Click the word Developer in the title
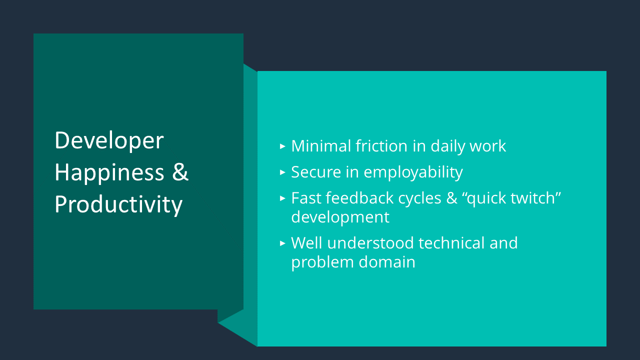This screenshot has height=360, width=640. click(x=109, y=141)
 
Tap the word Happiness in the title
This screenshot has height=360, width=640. click(x=109, y=172)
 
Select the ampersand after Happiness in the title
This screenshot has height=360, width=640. click(x=180, y=172)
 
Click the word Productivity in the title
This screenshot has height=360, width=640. click(x=118, y=204)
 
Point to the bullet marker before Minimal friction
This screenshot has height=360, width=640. click(x=282, y=146)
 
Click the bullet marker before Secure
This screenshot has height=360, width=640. click(x=282, y=172)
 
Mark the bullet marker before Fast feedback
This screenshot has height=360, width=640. click(x=282, y=198)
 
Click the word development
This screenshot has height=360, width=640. click(x=340, y=217)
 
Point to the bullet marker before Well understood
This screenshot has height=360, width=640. click(x=282, y=243)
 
